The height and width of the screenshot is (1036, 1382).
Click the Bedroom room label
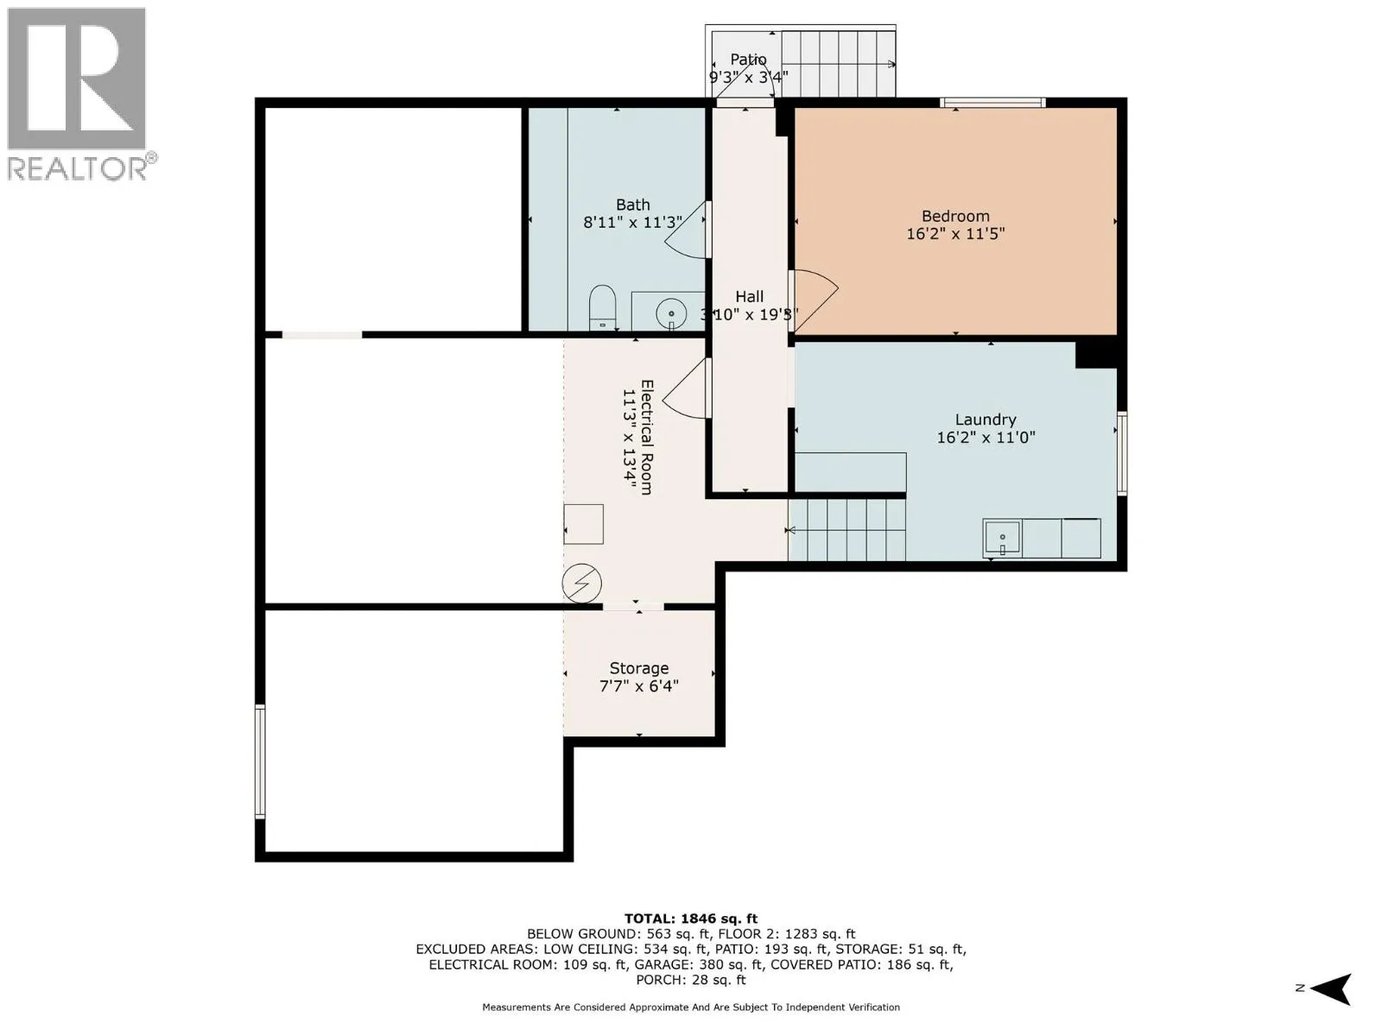coord(955,217)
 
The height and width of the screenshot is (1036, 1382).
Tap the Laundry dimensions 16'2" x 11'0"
coord(986,437)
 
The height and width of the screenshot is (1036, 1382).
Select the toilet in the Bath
coord(603,307)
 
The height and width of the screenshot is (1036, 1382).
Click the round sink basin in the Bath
coord(671,313)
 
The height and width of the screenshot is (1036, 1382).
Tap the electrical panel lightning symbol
coord(582,583)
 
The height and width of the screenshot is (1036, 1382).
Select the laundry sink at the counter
coord(1002,539)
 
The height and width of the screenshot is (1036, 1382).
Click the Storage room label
coord(638,668)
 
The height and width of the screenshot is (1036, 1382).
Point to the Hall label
coord(749,296)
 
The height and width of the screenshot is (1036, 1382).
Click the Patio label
coord(748,59)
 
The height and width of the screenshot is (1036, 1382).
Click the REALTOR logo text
coord(78,168)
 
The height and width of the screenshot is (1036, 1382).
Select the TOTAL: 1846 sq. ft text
coord(691,919)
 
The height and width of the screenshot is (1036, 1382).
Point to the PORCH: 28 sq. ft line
coord(691,979)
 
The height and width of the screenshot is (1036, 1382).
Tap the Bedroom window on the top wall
coord(993,103)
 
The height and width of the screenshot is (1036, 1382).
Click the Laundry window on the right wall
coord(1121,453)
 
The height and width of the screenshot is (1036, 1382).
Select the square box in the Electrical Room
coord(583,524)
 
